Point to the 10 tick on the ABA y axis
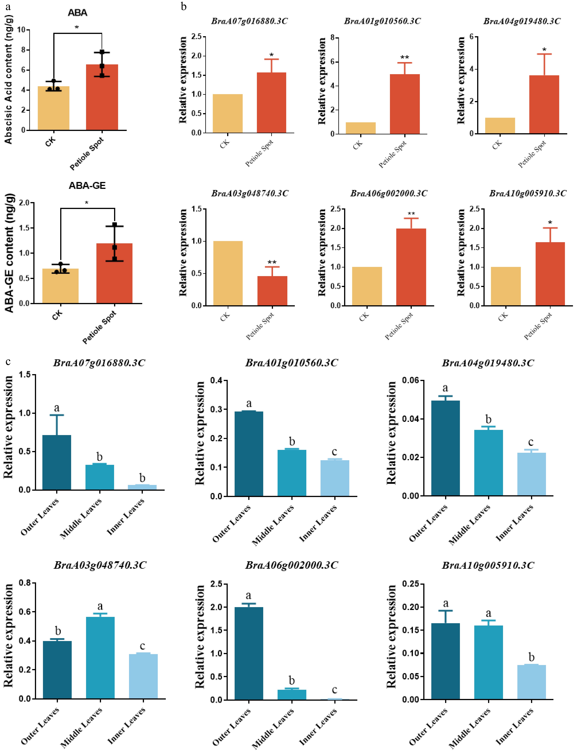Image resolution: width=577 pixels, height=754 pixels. (21, 30)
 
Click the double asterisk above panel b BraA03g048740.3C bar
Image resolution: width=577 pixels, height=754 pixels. (272, 262)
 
